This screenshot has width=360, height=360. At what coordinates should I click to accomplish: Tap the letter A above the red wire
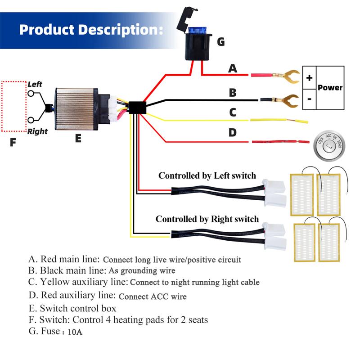click(x=233, y=68)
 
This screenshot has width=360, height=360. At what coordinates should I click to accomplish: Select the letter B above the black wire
click(x=233, y=93)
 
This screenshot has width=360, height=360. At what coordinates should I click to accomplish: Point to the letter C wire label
click(x=233, y=112)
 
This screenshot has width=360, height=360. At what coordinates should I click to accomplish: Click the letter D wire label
click(x=233, y=133)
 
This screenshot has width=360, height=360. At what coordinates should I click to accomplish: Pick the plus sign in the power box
click(x=309, y=77)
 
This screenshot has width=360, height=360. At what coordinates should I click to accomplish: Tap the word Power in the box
click(x=330, y=88)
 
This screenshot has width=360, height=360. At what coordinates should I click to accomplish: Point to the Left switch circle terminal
click(x=31, y=93)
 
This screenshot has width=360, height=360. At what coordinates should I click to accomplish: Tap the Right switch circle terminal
click(x=31, y=120)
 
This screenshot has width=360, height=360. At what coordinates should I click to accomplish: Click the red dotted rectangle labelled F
click(x=13, y=106)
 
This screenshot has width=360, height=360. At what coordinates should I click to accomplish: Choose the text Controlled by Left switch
click(x=207, y=176)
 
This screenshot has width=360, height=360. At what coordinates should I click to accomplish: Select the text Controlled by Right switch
click(x=207, y=219)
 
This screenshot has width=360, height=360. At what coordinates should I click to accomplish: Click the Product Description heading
click(x=90, y=30)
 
